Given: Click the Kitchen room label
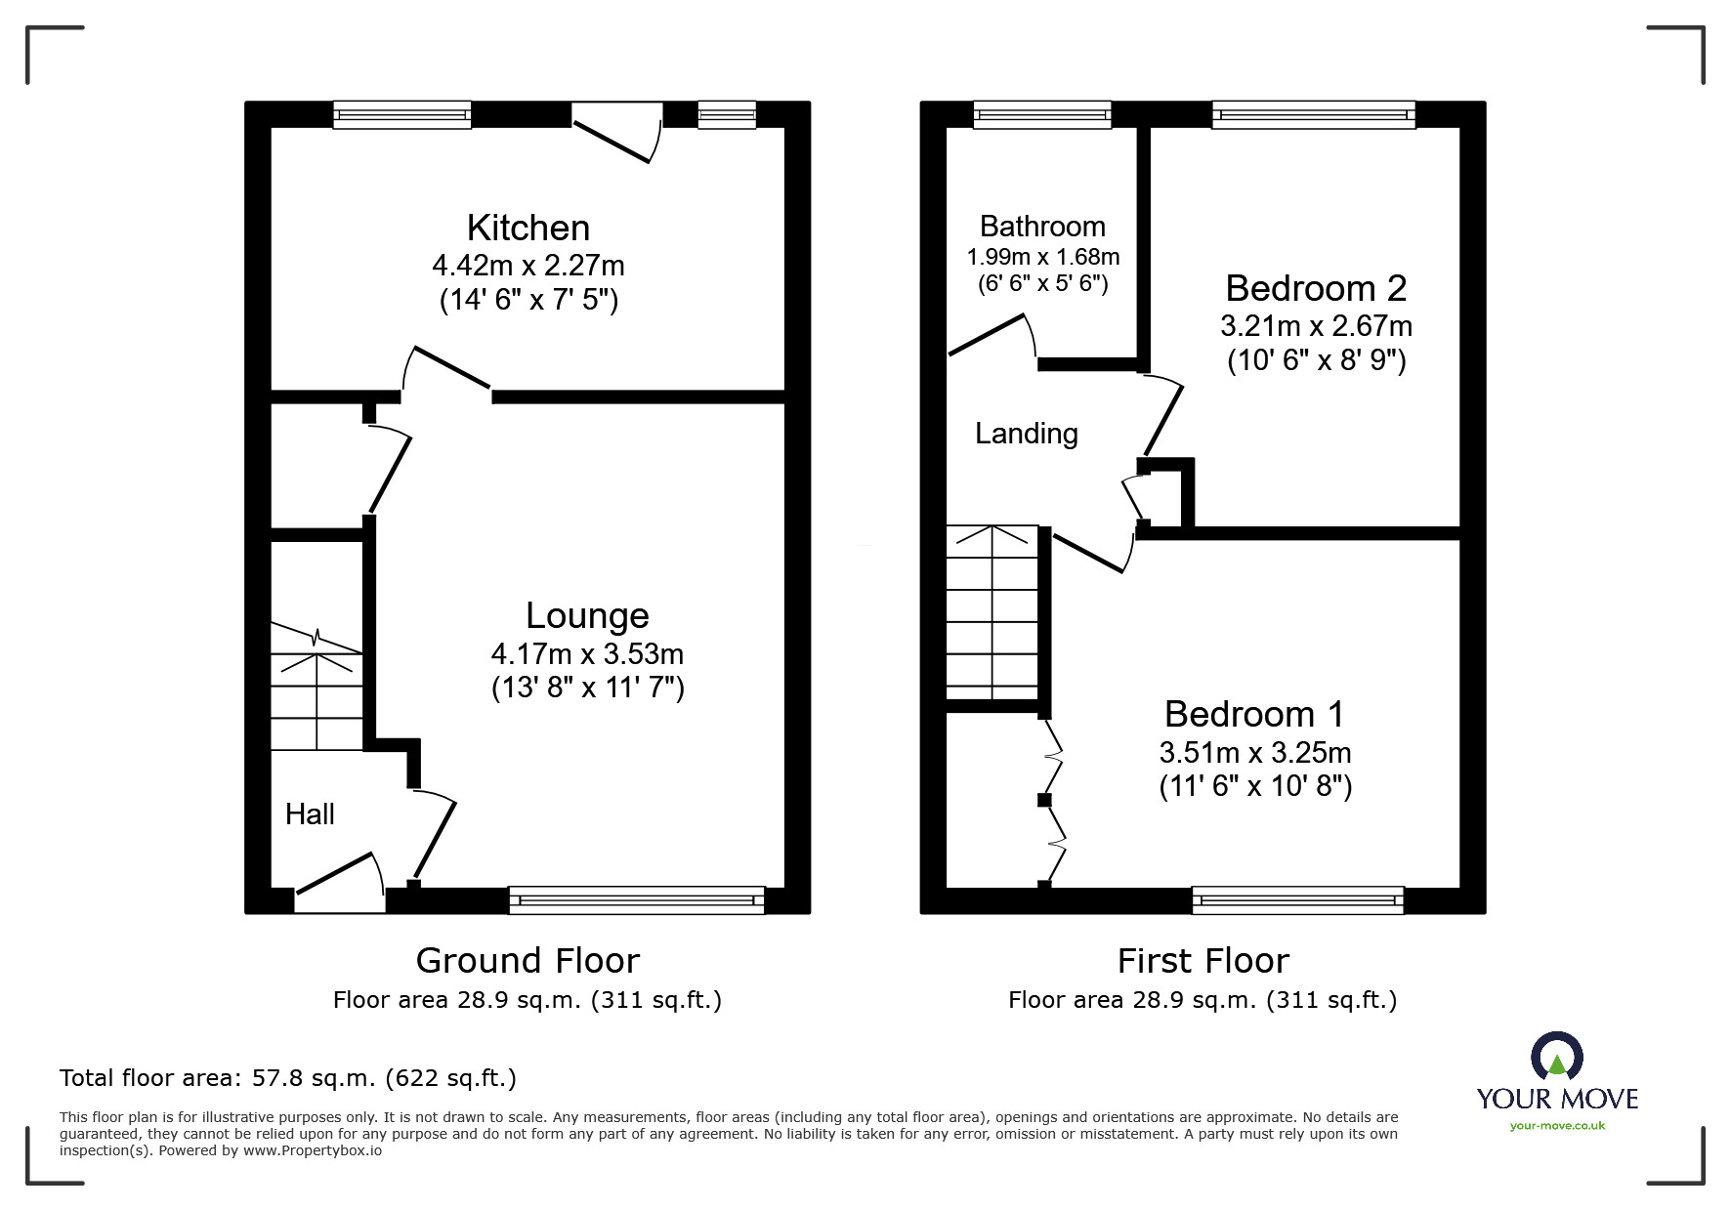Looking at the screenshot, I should (x=527, y=228).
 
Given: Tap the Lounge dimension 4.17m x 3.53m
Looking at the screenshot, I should (x=587, y=653).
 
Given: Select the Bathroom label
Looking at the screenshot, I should (x=1042, y=227).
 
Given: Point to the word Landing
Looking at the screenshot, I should (x=1026, y=434).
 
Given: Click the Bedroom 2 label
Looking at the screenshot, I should (x=1316, y=288).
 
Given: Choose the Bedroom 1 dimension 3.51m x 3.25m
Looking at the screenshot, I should (x=1255, y=752).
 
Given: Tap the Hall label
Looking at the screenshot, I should (x=310, y=814).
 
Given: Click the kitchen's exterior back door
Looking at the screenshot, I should (x=615, y=135).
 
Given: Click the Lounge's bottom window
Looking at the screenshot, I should (x=636, y=899).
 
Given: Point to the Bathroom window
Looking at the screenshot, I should (x=1042, y=114).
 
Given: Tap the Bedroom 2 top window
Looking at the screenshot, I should (x=1313, y=114).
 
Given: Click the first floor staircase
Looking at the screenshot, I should (x=992, y=612).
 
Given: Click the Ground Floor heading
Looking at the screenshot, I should (x=527, y=960).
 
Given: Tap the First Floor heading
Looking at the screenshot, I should (x=1203, y=960).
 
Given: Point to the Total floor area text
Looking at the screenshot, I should (x=288, y=1078).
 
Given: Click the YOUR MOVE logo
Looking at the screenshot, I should (x=1556, y=1082).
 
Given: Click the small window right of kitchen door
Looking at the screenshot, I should (x=727, y=114).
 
